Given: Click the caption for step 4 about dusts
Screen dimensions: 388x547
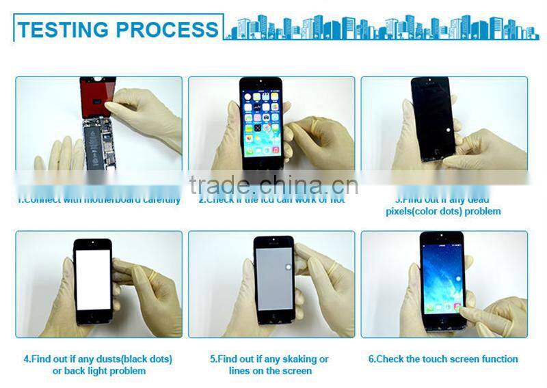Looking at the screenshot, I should click(98, 365).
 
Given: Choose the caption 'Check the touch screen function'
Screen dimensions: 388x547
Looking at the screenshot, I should click(443, 359).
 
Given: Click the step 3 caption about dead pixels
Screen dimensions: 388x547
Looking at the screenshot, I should click(442, 206).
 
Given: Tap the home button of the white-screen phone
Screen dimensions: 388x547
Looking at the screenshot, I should click(92, 318).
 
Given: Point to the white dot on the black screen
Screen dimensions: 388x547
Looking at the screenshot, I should click(446, 129).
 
